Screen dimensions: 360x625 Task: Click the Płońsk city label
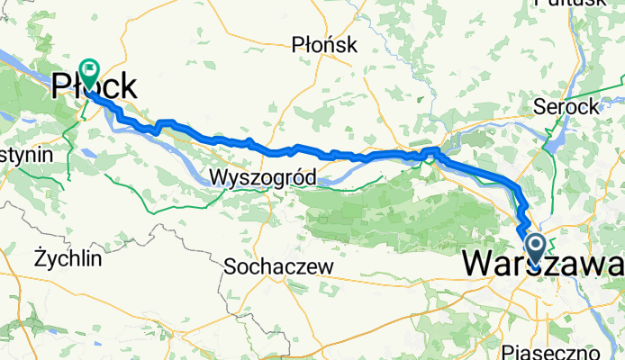325,44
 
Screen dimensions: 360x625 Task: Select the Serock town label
565,105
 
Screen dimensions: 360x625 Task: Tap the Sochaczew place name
278,267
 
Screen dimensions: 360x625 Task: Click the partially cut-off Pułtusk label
570,4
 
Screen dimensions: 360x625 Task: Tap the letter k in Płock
130,86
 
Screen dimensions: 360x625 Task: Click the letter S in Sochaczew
230,267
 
